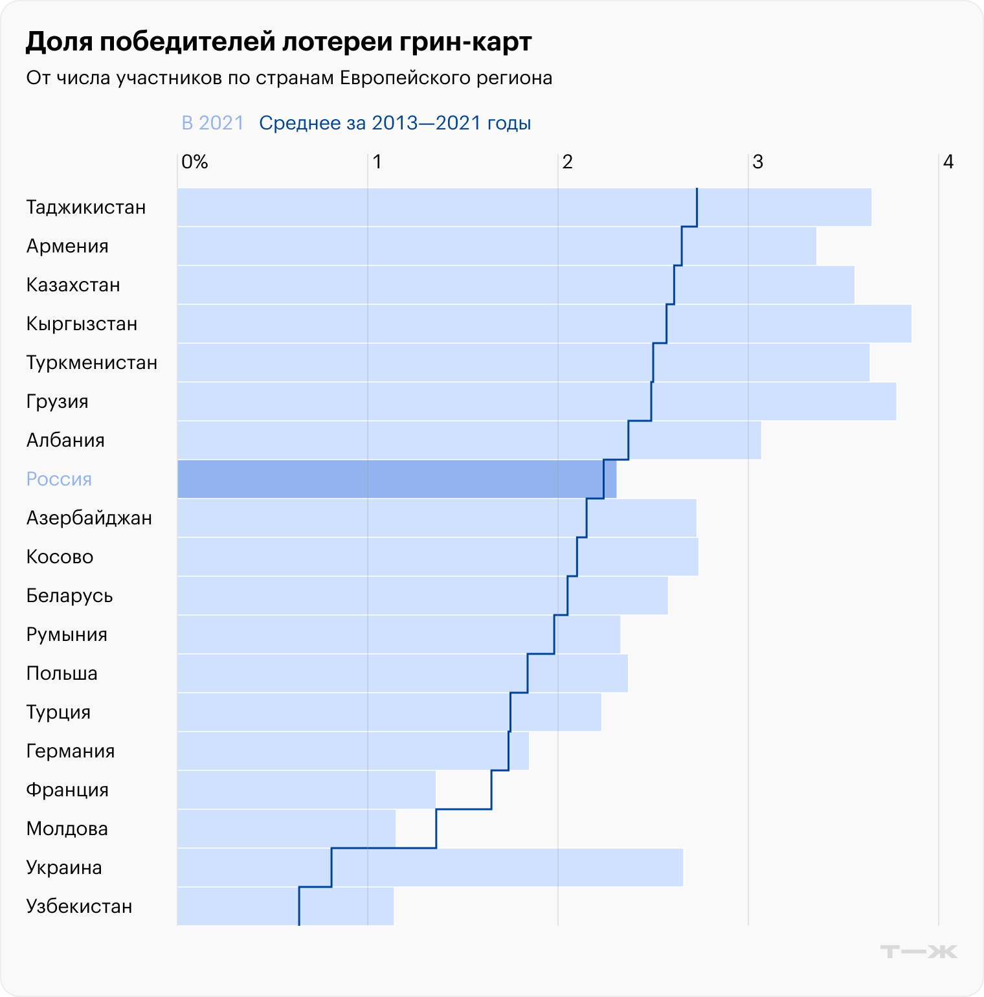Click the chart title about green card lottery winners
278,42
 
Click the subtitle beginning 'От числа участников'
289,78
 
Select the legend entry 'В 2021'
212,123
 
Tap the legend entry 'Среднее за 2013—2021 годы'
395,123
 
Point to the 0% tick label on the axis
195,162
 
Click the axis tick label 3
757,162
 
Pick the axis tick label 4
948,162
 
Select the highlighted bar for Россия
396,479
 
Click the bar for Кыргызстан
544,324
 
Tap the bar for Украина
430,868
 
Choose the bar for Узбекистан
285,906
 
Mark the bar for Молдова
286,829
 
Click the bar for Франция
306,790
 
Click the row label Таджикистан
86,208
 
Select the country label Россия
59,480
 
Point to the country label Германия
71,752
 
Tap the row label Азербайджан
89,519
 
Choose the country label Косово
60,557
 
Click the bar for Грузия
536,401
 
